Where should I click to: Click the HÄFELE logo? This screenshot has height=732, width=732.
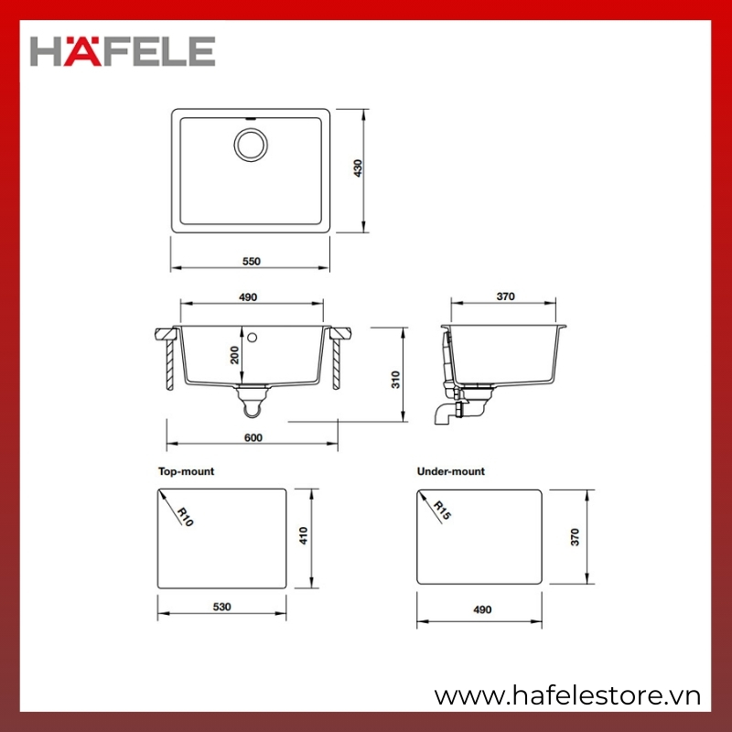[x=123, y=51]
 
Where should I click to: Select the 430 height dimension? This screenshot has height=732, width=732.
[x=358, y=168]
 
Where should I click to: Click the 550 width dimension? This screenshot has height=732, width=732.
[x=251, y=261]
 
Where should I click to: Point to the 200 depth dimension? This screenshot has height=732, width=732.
[x=234, y=355]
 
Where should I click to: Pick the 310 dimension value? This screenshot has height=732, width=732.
[x=395, y=379]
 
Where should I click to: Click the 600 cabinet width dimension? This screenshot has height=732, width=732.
[x=253, y=437]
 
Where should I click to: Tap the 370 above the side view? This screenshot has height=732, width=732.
[x=505, y=296]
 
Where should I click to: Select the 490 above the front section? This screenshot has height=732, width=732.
[x=247, y=297]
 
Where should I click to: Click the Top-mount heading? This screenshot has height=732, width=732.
[x=186, y=471]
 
